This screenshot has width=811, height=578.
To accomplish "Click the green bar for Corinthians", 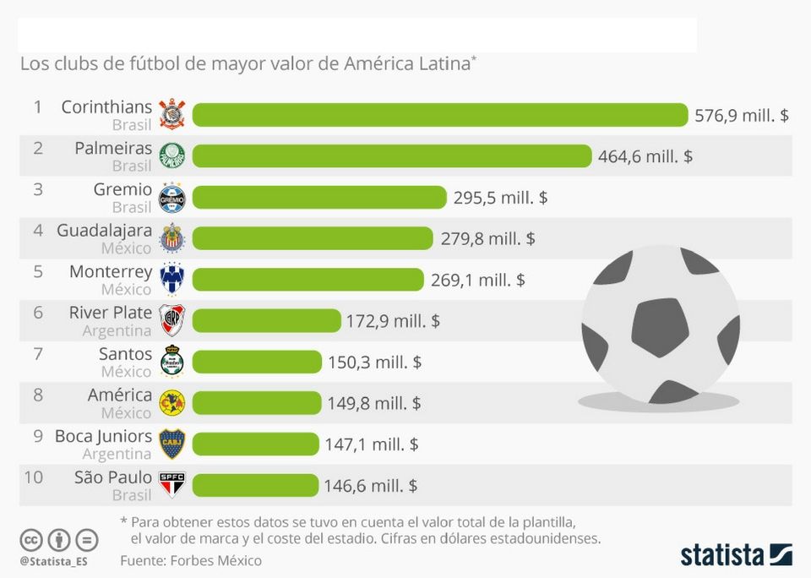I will point(439,115).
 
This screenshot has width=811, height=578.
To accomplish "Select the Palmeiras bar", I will point(391,156).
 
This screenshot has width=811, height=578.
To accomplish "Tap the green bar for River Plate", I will point(266,321).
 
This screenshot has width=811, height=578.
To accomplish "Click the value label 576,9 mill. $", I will point(741,115).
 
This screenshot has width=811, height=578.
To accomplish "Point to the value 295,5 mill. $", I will point(500,198).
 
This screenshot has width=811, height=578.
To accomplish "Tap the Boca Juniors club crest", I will point(172,444).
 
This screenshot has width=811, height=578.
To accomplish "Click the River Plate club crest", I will point(172,320).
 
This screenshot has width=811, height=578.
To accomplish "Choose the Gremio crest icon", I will point(172,198).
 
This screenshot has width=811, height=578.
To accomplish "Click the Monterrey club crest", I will point(172,280).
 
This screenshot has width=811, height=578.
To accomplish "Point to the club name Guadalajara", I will point(104,231).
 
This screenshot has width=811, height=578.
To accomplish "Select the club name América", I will point(120,395).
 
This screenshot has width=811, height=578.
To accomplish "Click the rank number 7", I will point(38,354).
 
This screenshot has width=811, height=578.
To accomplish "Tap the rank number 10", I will point(34,477).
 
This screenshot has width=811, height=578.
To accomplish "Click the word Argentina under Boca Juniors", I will point(117,454).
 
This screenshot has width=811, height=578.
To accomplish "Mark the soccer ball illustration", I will point(660,325).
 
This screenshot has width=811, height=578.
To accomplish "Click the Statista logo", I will point(736,555).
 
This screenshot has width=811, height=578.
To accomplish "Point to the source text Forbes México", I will point(215,560).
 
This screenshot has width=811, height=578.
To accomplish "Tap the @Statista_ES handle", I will point(54,561).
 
